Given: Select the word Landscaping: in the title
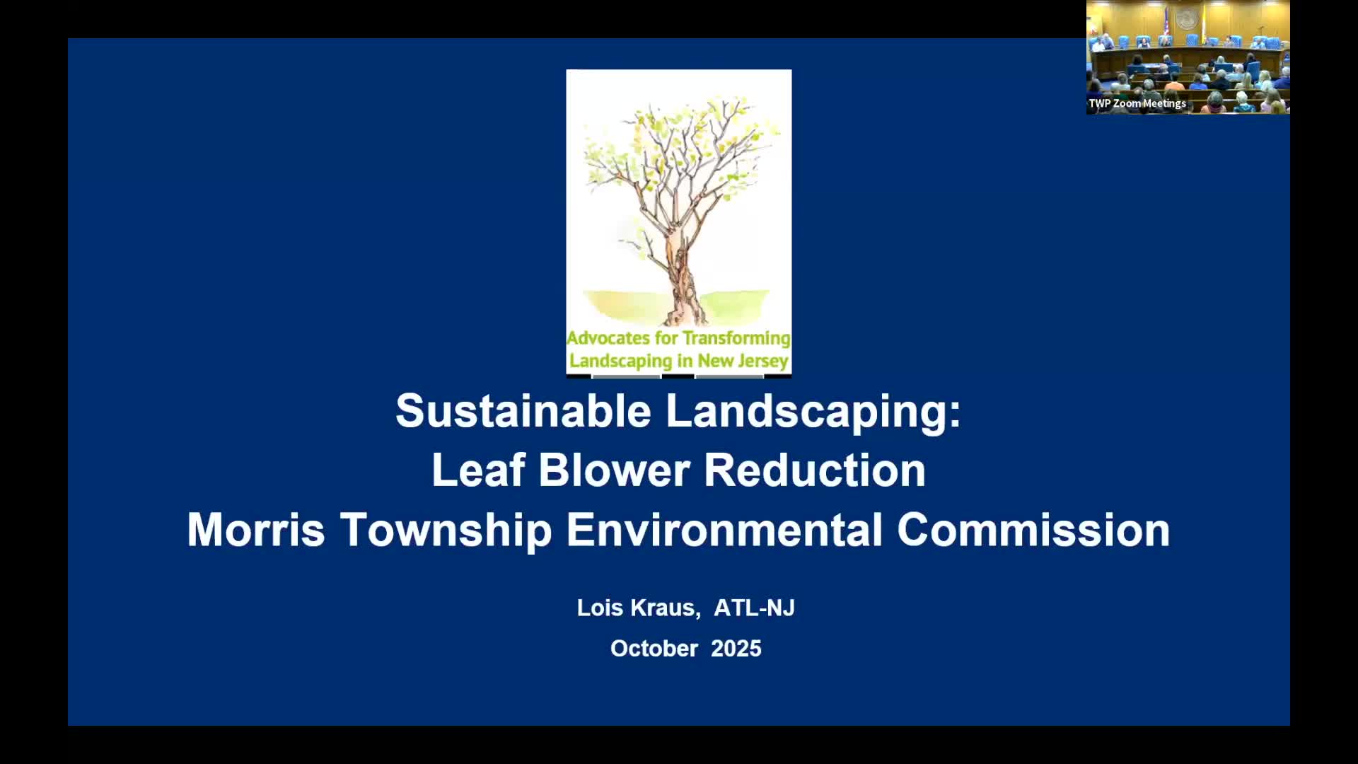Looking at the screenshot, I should click(813, 411).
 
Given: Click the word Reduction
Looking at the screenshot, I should click(815, 470).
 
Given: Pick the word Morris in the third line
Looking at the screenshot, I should click(255, 530).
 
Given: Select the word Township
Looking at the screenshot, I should click(446, 530).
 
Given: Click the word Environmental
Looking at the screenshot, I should click(724, 530).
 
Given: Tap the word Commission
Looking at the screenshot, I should click(1033, 530).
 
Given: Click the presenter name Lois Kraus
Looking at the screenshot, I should click(638, 608).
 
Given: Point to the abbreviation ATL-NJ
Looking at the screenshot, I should click(754, 608).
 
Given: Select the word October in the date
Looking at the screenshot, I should click(654, 649).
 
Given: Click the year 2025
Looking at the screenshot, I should click(736, 649).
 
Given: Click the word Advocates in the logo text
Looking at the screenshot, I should click(608, 338).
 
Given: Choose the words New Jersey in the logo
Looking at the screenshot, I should click(743, 361).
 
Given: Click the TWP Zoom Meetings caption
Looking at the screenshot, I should click(1137, 103).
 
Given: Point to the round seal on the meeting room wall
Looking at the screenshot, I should click(1186, 19).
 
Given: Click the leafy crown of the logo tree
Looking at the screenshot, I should click(679, 141).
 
